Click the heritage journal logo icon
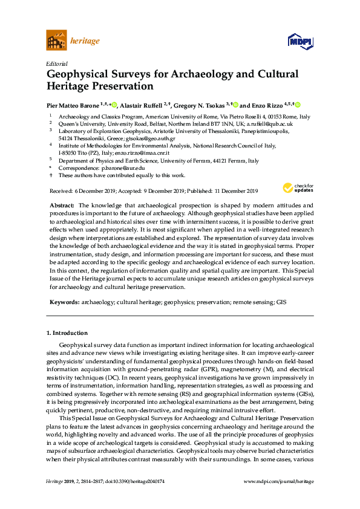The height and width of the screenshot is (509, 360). [56, 41]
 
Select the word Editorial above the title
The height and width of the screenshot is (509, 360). [56, 63]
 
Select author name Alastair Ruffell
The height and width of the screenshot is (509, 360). [143, 104]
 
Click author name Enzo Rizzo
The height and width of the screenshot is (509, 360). [267, 104]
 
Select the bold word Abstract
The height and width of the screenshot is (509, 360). [62, 206]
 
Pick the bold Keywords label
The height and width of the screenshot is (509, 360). [64, 301]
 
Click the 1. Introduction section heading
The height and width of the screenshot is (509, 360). [67, 332]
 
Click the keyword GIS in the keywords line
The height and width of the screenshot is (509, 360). [281, 301]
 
